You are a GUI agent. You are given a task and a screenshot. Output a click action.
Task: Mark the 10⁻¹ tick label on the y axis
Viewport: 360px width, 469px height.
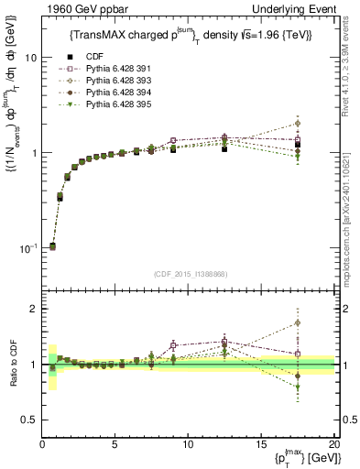(x=27, y=248)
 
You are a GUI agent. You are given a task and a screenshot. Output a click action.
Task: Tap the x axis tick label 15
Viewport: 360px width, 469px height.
(x=260, y=445)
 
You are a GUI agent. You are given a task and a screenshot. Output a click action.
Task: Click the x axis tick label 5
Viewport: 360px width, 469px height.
(x=115, y=445)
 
